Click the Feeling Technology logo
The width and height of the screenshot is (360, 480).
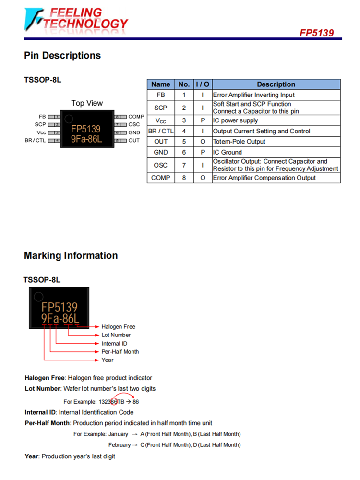pos(77,19)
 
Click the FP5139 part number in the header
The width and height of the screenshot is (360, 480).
pos(316,33)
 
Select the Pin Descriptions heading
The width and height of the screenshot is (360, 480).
pos(62,55)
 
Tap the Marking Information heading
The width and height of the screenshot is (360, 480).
pos(71,255)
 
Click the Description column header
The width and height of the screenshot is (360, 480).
pos(276,84)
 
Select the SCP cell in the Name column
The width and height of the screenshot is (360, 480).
pos(161,108)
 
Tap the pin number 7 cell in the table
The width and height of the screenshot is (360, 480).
pos(184,165)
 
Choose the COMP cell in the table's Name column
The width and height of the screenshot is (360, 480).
pos(161,178)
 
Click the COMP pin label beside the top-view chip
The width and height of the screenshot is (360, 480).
pos(136,117)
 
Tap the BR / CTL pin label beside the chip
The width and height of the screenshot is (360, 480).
pos(35,141)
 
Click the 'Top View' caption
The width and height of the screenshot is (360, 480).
pos(87,103)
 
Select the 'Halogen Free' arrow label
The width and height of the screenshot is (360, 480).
pos(118,327)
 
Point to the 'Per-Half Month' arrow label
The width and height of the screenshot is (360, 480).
pos(120,352)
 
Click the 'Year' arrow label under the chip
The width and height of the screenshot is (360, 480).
pos(108,360)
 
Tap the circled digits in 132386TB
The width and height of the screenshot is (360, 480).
pos(114,402)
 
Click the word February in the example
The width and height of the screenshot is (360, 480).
pos(119,445)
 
